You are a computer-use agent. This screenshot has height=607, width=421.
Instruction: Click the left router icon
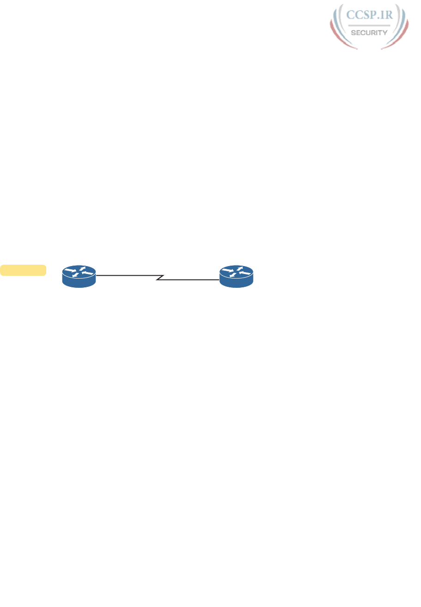point(79,276)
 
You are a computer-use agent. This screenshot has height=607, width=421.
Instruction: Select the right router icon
point(237,276)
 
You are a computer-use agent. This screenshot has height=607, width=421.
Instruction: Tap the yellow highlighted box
point(23,270)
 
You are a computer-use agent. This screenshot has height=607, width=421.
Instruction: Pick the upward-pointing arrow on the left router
point(82,268)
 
